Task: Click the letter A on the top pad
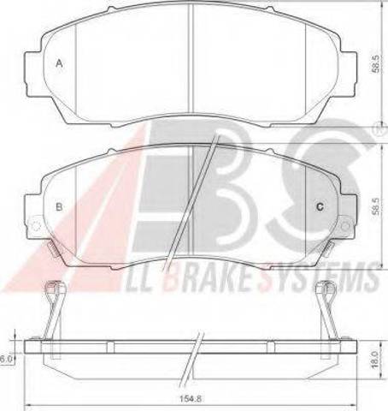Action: click(x=59, y=63)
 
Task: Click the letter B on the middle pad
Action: click(x=59, y=206)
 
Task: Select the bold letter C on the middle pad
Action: click(x=320, y=206)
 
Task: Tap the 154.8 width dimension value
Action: click(x=191, y=399)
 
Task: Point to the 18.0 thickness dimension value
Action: click(x=375, y=360)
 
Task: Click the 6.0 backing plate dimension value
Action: click(x=5, y=360)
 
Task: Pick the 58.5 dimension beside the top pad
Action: click(x=376, y=64)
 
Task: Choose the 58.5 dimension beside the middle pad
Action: click(x=376, y=206)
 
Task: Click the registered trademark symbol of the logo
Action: click(x=383, y=130)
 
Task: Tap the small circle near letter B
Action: click(x=36, y=226)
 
